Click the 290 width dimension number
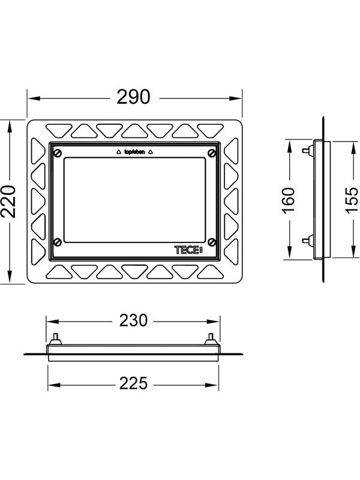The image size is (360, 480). (x=133, y=97)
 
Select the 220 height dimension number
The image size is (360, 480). (x=8, y=201)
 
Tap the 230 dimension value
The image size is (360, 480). (x=133, y=320)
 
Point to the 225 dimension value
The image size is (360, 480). (x=133, y=383)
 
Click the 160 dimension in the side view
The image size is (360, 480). (x=288, y=200)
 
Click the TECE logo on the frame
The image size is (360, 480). (x=188, y=250)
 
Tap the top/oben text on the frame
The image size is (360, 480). (x=134, y=152)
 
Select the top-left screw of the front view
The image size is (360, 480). (x=58, y=153)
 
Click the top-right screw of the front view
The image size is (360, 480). (x=212, y=153)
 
